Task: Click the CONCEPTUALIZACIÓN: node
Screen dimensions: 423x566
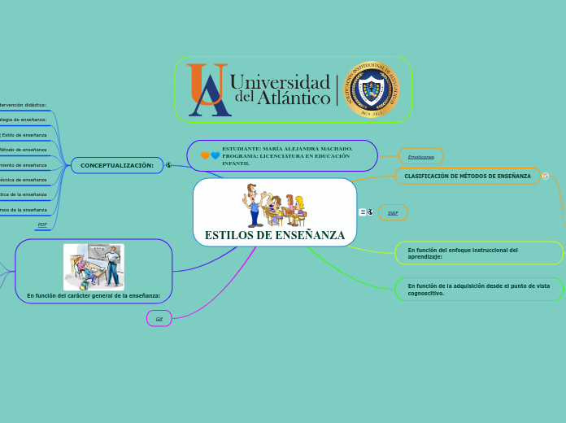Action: coord(117,165)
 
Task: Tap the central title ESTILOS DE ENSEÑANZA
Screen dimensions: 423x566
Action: coord(275,235)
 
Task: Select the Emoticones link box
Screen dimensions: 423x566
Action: coord(420,156)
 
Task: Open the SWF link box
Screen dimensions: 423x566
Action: coord(393,213)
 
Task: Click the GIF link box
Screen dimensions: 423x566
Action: coord(159,319)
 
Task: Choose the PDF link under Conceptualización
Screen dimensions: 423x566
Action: coord(42,224)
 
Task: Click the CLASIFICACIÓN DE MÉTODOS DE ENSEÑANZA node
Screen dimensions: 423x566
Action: coord(468,176)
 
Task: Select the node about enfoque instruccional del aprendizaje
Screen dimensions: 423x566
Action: coord(479,253)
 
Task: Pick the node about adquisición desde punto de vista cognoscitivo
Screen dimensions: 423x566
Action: coord(479,289)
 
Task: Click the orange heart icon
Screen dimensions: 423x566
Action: coord(205,155)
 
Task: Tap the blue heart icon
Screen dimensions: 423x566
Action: coord(216,155)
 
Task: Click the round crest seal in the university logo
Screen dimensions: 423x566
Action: coord(372,89)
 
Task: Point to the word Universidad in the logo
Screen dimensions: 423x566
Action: coord(281,81)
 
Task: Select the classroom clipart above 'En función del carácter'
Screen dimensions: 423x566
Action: coord(94,266)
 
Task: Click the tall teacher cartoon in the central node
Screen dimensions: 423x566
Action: coord(255,205)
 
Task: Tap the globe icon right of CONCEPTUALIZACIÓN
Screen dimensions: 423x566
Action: coord(168,165)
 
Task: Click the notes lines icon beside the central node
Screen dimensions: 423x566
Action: coord(363,212)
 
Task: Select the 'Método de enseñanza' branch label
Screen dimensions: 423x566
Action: coord(24,150)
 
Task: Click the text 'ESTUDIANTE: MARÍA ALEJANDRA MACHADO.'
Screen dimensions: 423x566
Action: coord(287,149)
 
